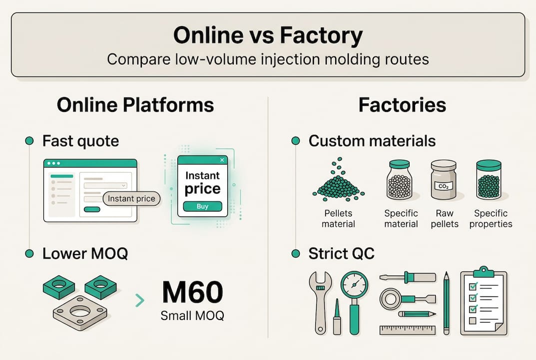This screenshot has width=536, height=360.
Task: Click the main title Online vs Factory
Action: coord(268,36)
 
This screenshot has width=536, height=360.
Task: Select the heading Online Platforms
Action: coord(135,105)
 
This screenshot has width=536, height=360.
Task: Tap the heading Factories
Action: coord(402,105)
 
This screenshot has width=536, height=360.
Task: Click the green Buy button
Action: coord(202,206)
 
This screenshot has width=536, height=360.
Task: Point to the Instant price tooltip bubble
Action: coord(131,198)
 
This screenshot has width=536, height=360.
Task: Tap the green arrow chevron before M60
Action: coord(140,300)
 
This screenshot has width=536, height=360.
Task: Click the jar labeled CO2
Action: coord(444,180)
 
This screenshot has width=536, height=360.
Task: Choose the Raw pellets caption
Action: coord(444,218)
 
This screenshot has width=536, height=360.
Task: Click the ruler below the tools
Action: coord(407,330)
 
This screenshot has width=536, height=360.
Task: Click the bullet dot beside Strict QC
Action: coord(295,253)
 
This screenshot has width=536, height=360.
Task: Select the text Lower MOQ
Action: coord(85,253)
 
